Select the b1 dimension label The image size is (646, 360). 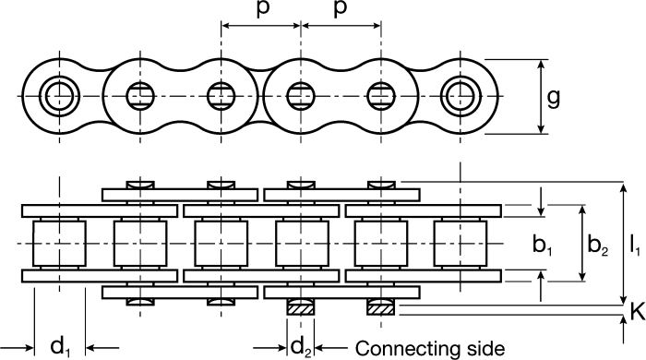543,246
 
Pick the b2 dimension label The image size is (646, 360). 600,246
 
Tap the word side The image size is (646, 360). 482,348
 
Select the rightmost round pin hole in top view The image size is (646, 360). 457,95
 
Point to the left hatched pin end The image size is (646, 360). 300,308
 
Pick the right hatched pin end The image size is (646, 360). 379,308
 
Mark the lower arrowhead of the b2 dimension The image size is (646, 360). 581,277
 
